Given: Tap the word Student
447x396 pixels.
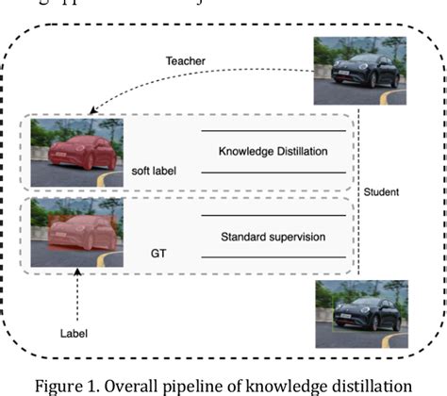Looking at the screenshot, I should (382, 192).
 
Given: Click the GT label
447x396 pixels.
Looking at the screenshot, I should (159, 255).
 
